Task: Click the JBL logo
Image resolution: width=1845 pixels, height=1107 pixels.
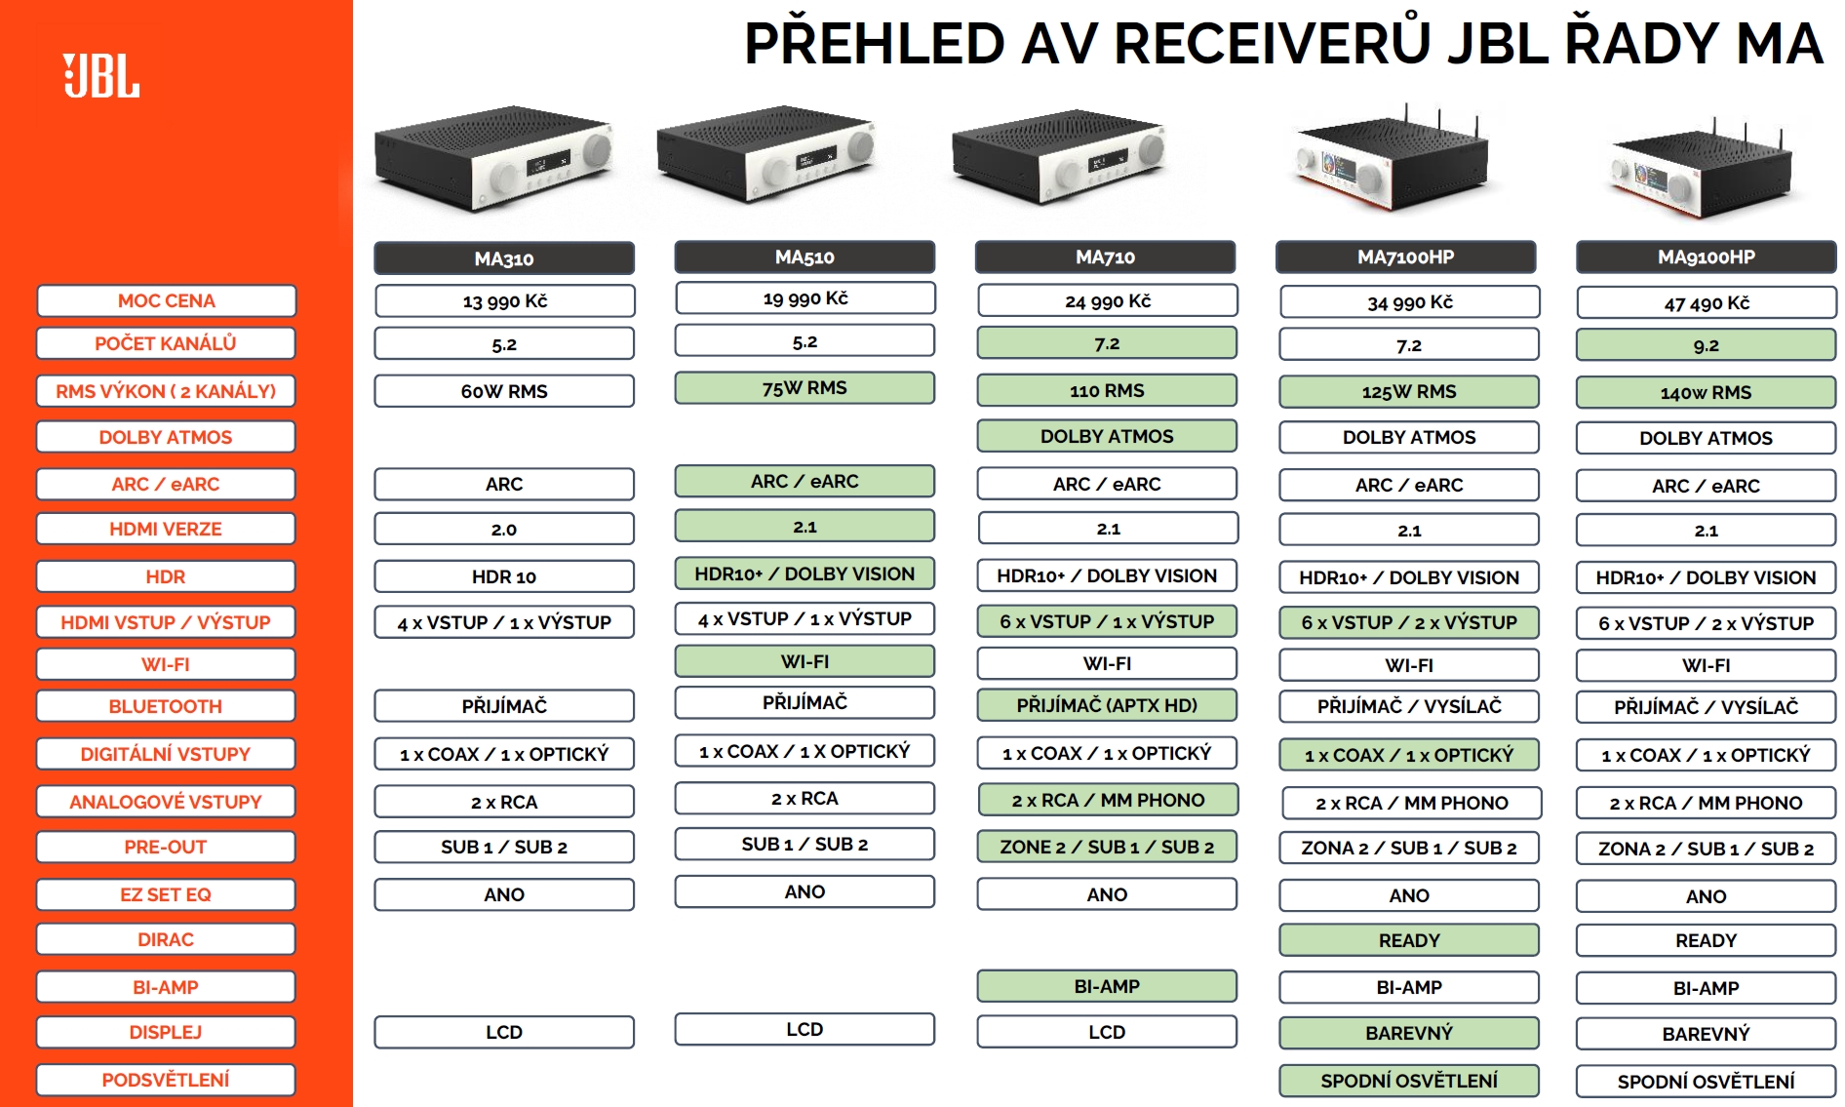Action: [101, 76]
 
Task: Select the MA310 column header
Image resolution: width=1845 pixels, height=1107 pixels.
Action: [504, 258]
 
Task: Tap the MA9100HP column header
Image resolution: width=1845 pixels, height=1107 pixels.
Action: [1706, 257]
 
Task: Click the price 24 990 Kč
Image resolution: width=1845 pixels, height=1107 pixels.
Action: [1108, 300]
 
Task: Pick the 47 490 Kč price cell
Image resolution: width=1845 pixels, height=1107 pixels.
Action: [1707, 302]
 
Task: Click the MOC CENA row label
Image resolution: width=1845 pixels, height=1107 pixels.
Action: [166, 300]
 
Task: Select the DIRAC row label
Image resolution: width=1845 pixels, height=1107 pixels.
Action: [166, 939]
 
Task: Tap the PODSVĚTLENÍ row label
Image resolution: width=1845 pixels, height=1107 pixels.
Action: [166, 1080]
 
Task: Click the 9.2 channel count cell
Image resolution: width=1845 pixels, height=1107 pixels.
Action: [1707, 345]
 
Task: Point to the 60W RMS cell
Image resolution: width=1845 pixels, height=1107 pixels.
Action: [504, 391]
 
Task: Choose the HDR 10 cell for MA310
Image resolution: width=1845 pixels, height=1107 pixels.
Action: [504, 576]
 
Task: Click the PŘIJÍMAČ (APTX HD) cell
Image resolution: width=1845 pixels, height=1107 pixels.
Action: [1107, 705]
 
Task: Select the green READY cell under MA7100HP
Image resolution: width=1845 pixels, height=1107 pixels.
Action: [1409, 940]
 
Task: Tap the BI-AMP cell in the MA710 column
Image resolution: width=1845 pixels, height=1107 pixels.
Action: [1107, 986]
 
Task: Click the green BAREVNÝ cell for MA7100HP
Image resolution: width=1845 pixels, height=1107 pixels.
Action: [1409, 1033]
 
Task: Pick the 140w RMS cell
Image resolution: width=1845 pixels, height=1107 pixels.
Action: [1707, 392]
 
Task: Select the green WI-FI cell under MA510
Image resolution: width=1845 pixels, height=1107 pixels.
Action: [805, 661]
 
